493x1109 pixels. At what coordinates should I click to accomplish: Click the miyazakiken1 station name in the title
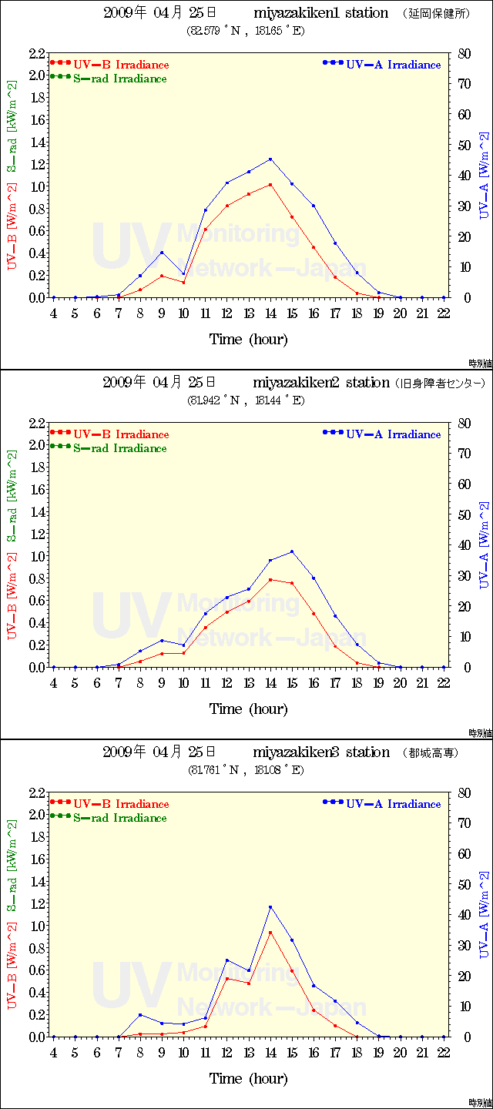(320, 13)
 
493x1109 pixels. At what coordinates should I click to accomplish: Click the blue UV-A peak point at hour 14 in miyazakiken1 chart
(270, 159)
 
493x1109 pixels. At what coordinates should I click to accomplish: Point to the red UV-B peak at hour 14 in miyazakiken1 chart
(270, 185)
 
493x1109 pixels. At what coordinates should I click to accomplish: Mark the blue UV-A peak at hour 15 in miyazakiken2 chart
(292, 551)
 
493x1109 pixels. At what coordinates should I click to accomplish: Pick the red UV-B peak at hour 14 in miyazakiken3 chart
(270, 933)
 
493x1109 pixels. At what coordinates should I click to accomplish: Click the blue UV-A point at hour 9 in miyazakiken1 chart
(162, 253)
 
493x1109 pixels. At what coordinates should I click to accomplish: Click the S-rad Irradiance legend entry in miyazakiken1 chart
(119, 79)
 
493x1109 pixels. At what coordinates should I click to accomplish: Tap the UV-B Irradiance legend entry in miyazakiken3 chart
(121, 804)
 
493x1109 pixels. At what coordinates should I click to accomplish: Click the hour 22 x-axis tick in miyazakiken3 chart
(444, 1053)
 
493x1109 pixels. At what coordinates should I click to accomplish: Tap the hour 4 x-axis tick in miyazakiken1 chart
(54, 313)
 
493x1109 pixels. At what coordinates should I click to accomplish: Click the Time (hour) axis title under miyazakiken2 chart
(248, 709)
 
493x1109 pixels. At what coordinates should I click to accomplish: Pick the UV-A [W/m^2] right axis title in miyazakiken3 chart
(484, 916)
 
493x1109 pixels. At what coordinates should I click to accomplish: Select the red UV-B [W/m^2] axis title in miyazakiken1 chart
(12, 227)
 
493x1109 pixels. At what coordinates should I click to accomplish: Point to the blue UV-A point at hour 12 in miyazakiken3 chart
(227, 960)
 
